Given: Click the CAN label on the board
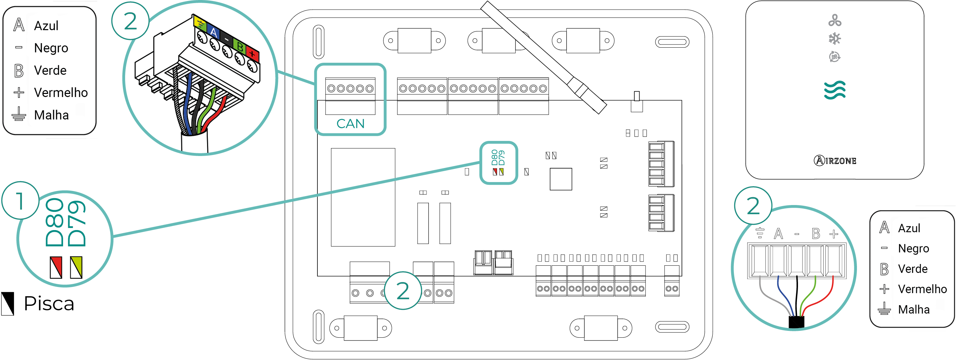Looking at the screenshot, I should point(350,123).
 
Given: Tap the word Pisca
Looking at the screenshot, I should point(49,303).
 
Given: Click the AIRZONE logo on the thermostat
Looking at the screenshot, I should point(835,161).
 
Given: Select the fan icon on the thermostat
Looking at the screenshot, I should point(835,21).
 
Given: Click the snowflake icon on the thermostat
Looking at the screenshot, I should point(835,38).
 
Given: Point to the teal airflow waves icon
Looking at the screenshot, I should point(835,90).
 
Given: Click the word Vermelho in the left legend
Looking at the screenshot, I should point(60,93).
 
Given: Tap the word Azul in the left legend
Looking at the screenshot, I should point(46,26).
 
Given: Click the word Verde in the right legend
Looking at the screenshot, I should point(912,269).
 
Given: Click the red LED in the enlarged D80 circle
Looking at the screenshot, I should point(56,267).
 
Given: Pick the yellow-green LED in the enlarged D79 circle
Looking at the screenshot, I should point(76,267).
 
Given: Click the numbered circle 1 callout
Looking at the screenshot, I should point(21,201).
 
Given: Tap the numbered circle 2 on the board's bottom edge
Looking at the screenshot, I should point(403,291).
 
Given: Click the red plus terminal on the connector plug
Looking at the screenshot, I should point(252,54).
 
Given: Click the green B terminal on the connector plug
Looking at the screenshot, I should point(240,47).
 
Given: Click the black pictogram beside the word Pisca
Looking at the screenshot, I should point(8,303).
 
